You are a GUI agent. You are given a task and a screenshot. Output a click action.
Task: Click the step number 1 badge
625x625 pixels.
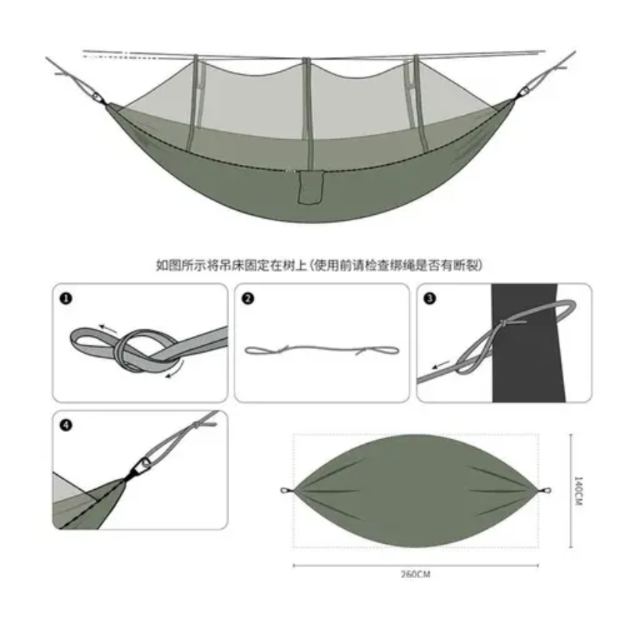pyautogui.click(x=66, y=298)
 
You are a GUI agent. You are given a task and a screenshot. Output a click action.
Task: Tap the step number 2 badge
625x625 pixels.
pyautogui.click(x=248, y=298)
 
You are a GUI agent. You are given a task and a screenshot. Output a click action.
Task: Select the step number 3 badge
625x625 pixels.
pyautogui.click(x=430, y=298)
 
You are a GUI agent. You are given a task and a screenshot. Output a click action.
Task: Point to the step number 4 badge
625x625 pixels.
pyautogui.click(x=66, y=425)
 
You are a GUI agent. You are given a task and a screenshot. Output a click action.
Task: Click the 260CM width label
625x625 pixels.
pyautogui.click(x=416, y=574)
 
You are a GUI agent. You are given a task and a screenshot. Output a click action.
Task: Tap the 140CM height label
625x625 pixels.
pyautogui.click(x=577, y=491)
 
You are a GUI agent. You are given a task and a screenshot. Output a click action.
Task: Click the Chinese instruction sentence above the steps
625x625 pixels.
pyautogui.click(x=319, y=265)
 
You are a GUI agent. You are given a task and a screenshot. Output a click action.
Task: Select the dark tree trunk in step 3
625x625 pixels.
pyautogui.click(x=526, y=343)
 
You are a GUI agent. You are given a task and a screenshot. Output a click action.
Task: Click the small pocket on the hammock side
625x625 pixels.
pyautogui.click(x=310, y=187)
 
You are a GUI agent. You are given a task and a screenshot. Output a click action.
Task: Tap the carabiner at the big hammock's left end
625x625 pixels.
pyautogui.click(x=97, y=97)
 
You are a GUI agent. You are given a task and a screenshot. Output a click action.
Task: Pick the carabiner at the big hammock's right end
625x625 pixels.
pyautogui.click(x=523, y=92)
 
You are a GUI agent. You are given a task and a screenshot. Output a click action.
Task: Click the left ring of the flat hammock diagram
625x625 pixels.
pyautogui.click(x=284, y=491)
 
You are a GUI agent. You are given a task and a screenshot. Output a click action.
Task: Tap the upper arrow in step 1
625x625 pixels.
pyautogui.click(x=108, y=328)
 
